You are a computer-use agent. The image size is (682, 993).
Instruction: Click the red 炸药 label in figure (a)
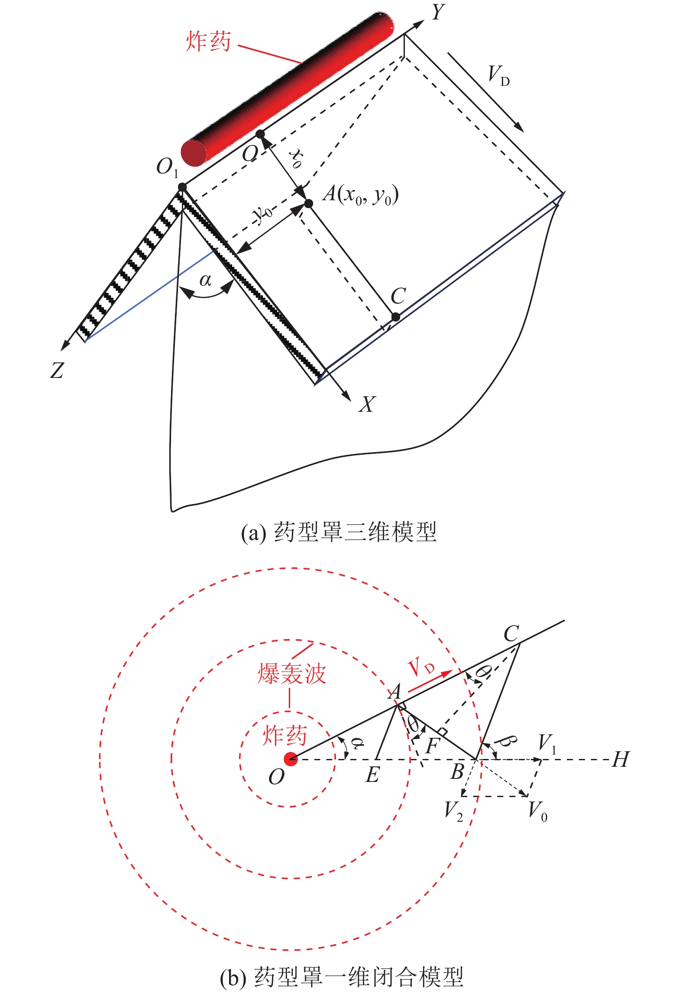click(x=208, y=42)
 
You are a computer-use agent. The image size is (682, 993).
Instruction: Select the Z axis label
click(x=57, y=370)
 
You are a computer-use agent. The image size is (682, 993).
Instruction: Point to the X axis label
click(x=367, y=404)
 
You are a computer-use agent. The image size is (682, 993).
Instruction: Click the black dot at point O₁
click(x=182, y=187)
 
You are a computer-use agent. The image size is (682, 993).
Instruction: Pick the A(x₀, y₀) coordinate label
click(x=360, y=195)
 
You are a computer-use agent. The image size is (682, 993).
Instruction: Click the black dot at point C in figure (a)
click(x=395, y=317)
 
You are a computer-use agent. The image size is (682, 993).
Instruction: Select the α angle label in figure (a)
click(x=205, y=280)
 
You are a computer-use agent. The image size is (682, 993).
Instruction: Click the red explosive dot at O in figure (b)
click(x=291, y=759)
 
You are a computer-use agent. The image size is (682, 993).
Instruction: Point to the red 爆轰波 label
click(x=291, y=674)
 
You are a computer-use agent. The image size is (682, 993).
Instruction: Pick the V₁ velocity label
click(x=546, y=742)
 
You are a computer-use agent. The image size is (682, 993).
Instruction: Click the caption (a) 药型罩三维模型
click(x=339, y=532)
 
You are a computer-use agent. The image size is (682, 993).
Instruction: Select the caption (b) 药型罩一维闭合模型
click(x=342, y=977)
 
